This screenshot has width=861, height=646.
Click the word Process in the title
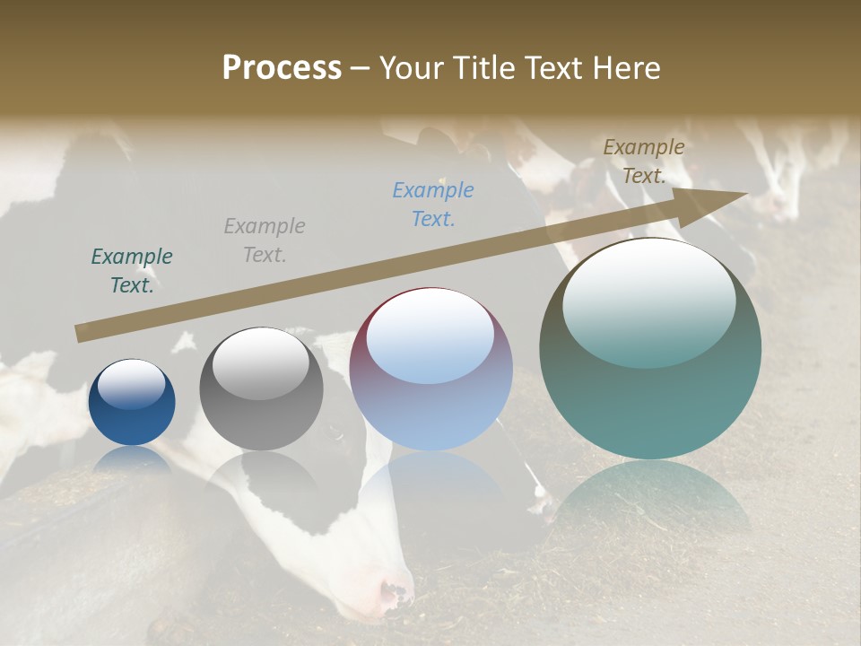click(282, 68)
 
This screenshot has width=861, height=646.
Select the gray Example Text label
click(265, 240)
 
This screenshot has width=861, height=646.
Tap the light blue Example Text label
click(433, 204)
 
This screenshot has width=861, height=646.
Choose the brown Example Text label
click(644, 161)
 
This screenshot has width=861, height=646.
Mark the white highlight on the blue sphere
click(131, 384)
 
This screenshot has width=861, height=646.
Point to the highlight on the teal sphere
click(649, 301)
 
